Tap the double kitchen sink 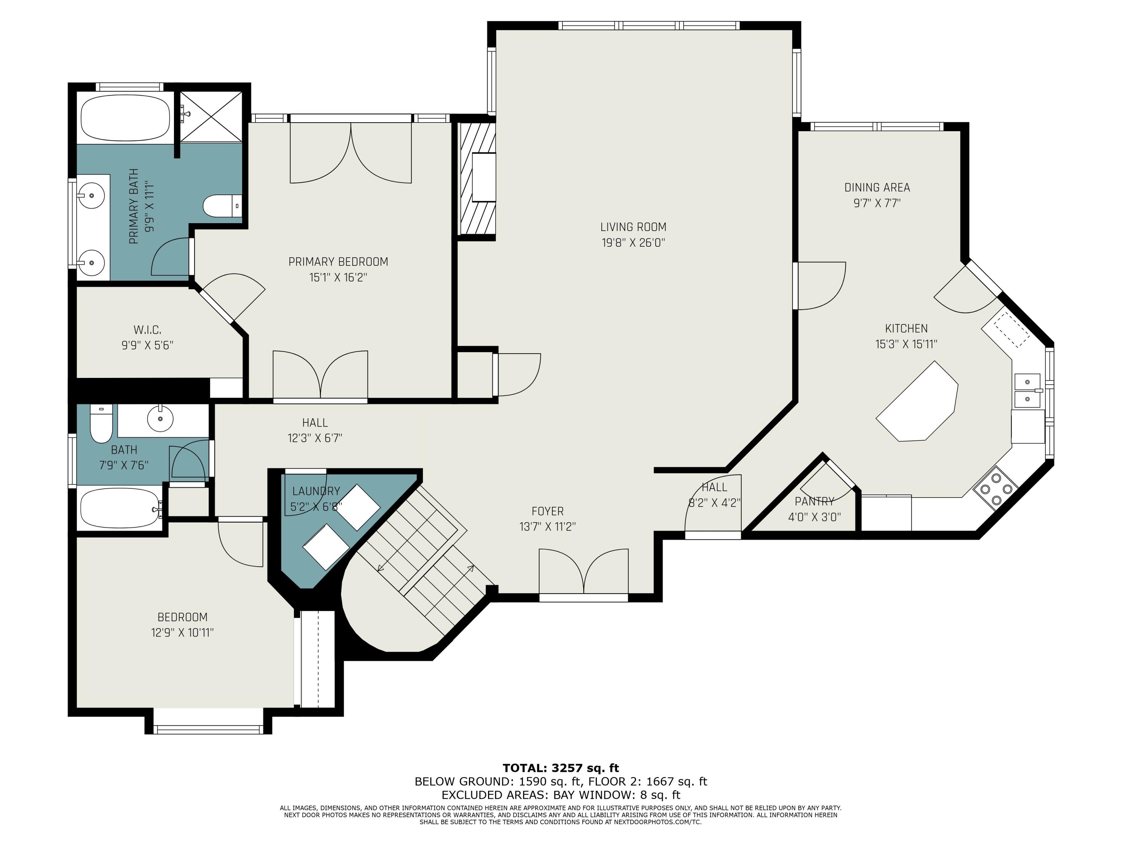tap(1027, 390)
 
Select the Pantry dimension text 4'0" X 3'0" tap(814, 517)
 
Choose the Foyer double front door tap(583, 573)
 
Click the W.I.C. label tap(147, 330)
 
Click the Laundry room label tap(316, 491)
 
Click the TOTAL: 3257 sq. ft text tap(561, 768)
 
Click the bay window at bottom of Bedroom tap(208, 729)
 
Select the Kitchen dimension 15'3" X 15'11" tap(906, 344)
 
